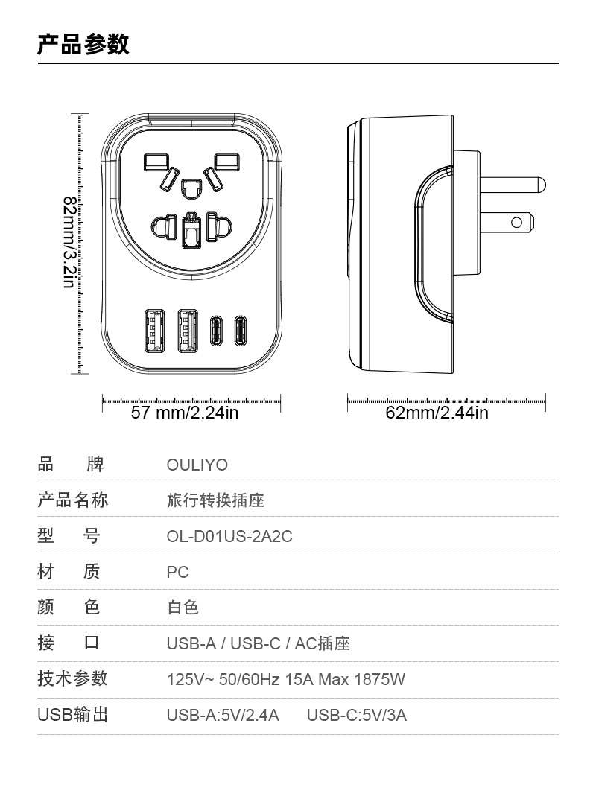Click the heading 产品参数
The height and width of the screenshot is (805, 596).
click(x=83, y=44)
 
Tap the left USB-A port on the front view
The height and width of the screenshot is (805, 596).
click(x=153, y=330)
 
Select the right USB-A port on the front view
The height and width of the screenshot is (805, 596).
click(x=187, y=330)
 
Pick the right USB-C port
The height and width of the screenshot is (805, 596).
click(x=241, y=331)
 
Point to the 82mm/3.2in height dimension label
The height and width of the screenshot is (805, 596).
click(x=69, y=243)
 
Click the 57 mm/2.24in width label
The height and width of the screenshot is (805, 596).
click(x=185, y=413)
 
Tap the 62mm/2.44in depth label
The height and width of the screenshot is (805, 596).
click(x=437, y=413)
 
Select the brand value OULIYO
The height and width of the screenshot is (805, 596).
click(x=197, y=465)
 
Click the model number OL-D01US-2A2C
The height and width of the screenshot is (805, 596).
click(x=229, y=537)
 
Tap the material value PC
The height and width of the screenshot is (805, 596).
click(x=178, y=573)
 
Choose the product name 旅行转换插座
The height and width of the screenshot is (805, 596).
click(x=215, y=501)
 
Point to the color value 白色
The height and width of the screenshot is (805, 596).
click(x=183, y=608)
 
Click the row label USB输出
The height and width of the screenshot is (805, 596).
click(x=73, y=716)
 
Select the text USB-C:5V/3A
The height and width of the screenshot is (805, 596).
click(x=357, y=716)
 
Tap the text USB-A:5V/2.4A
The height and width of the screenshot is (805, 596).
click(x=223, y=716)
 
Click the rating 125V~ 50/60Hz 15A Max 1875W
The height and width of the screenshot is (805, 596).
click(x=286, y=680)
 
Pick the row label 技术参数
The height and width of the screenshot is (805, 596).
click(x=73, y=678)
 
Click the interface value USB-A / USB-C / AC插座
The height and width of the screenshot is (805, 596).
click(x=258, y=644)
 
